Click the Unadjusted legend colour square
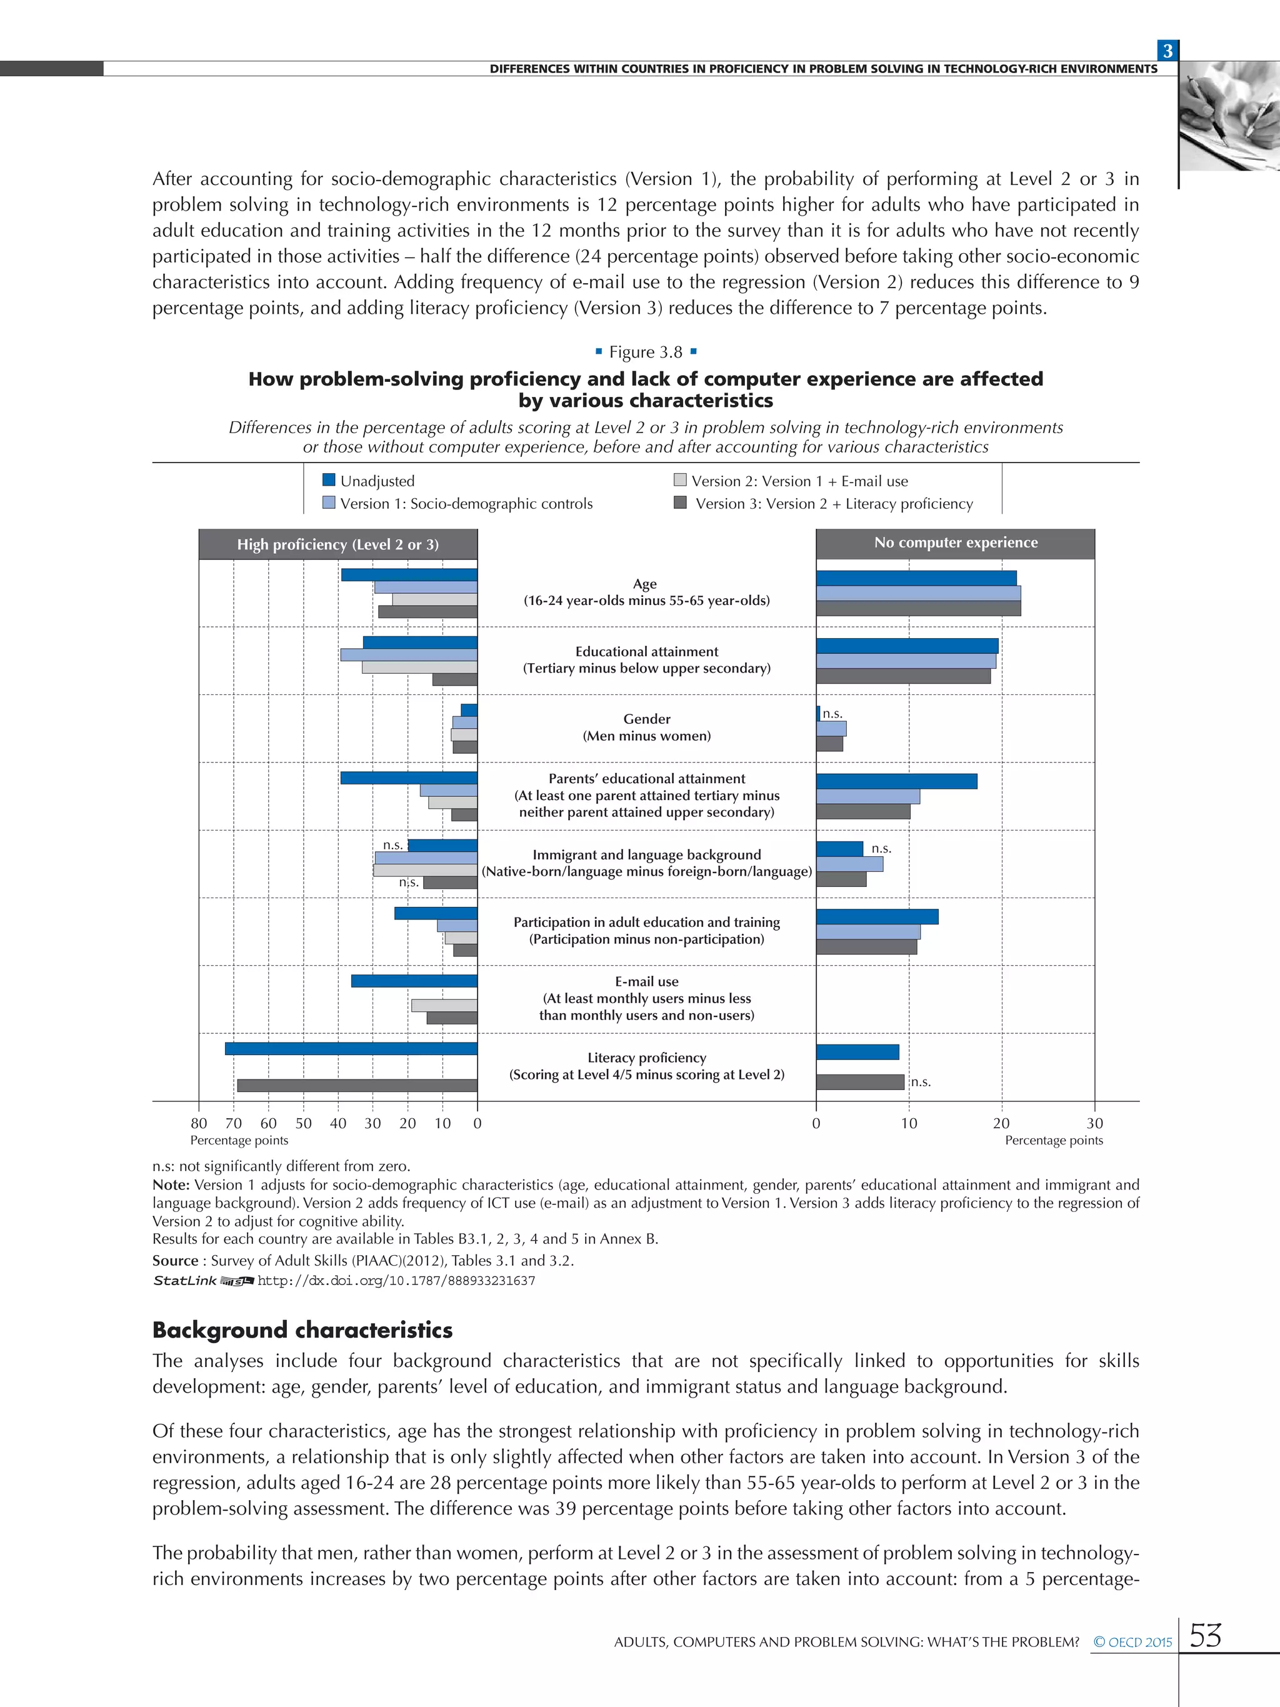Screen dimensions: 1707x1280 [x=329, y=480]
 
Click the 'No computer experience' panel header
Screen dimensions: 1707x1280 [x=955, y=543]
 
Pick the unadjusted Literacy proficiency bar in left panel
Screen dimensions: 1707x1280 [x=351, y=1049]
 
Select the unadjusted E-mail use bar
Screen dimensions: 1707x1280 [x=414, y=981]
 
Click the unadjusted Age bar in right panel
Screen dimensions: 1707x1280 [x=916, y=578]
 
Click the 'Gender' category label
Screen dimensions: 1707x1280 [x=646, y=718]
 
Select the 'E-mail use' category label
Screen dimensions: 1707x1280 [x=646, y=981]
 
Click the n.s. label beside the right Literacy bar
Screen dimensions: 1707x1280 [x=921, y=1082]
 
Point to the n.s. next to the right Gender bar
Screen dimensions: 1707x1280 [x=832, y=714]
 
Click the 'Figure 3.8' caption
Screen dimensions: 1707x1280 [x=646, y=352]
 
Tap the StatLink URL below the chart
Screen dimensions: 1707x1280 [x=396, y=1281]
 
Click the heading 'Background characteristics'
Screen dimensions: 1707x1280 [x=302, y=1329]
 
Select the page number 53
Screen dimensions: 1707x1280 [x=1205, y=1635]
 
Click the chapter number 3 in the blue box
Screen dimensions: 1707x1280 [x=1167, y=51]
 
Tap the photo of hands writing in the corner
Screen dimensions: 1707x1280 [x=1229, y=116]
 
